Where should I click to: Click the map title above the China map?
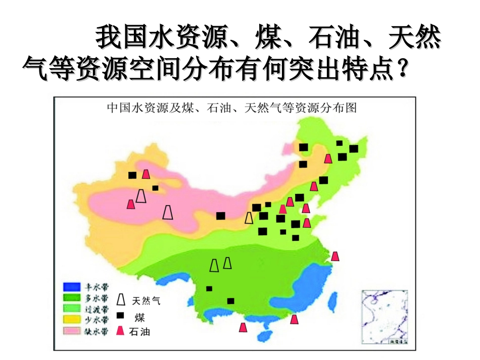pos(231,108)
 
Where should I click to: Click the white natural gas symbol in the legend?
pos(121,299)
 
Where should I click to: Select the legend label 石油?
pos(140,332)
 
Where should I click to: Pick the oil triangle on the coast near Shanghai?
pos(334,256)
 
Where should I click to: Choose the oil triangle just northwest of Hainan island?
pos(243,327)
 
